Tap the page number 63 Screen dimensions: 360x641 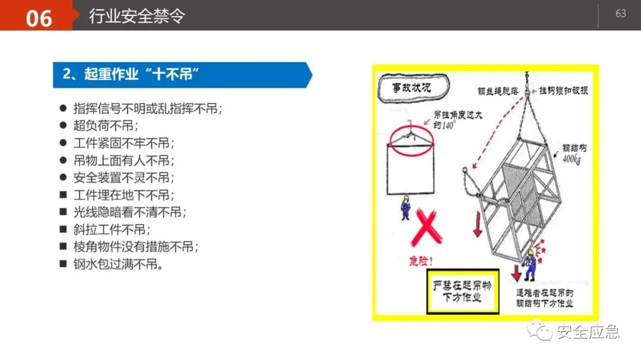tap(621, 14)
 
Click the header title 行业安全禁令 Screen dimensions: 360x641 tap(137, 16)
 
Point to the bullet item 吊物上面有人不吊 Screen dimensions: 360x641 tap(124, 160)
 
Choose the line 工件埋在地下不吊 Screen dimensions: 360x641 tap(124, 195)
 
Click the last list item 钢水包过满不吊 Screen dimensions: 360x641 tap(118, 264)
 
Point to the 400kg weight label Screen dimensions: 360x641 tap(572, 158)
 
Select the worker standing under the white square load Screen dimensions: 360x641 tap(405, 207)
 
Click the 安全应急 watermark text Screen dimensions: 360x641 tap(588, 332)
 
